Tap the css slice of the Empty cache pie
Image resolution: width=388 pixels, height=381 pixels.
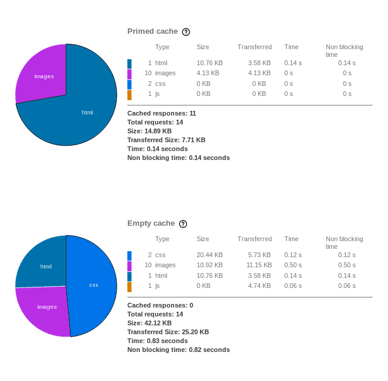pyautogui.click(x=93, y=285)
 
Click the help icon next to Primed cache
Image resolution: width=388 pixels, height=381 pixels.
pyautogui.click(x=186, y=32)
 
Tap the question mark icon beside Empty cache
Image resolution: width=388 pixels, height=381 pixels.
pyautogui.click(x=183, y=224)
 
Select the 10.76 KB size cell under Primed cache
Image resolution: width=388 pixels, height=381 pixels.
pyautogui.click(x=210, y=63)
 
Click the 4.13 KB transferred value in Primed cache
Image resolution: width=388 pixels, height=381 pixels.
pyautogui.click(x=259, y=73)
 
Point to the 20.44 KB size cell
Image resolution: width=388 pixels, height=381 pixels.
pyautogui.click(x=210, y=255)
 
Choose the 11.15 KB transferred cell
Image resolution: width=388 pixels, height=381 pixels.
pyautogui.click(x=259, y=265)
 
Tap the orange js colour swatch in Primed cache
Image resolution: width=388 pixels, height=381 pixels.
pyautogui.click(x=130, y=94)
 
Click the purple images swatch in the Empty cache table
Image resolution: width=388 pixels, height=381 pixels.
pyautogui.click(x=130, y=265)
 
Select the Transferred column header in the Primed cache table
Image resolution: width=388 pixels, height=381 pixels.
pyautogui.click(x=255, y=47)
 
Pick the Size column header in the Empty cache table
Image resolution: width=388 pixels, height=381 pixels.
pyautogui.click(x=203, y=239)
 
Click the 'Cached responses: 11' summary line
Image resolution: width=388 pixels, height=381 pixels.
pyautogui.click(x=162, y=113)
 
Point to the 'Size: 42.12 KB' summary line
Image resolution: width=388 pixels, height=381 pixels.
pyautogui.click(x=149, y=323)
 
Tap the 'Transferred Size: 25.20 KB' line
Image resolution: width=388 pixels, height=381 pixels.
pyautogui.click(x=168, y=332)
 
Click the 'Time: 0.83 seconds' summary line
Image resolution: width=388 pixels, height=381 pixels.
pyautogui.click(x=158, y=341)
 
